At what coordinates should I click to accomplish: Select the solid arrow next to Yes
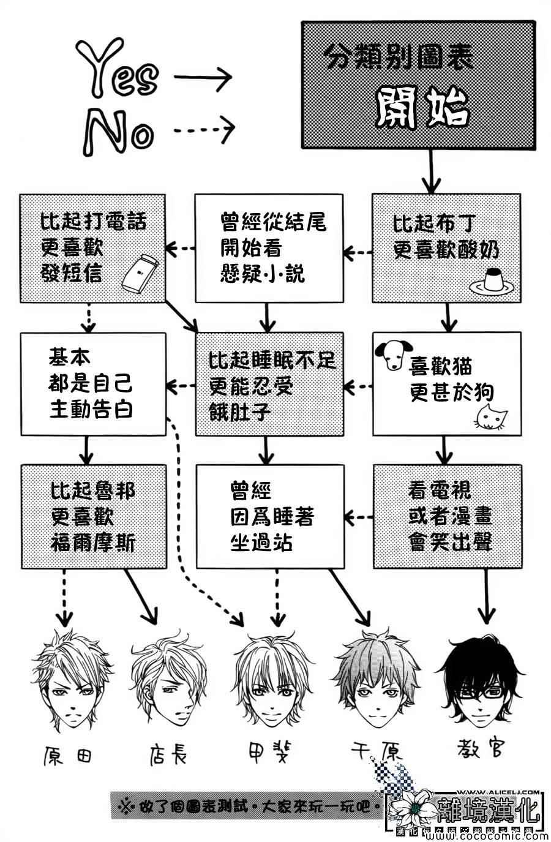click(203, 77)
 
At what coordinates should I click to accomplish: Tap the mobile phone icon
click(140, 274)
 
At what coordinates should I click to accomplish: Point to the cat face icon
click(493, 416)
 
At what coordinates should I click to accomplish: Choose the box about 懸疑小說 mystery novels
click(268, 248)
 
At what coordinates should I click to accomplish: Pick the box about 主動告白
click(92, 383)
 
